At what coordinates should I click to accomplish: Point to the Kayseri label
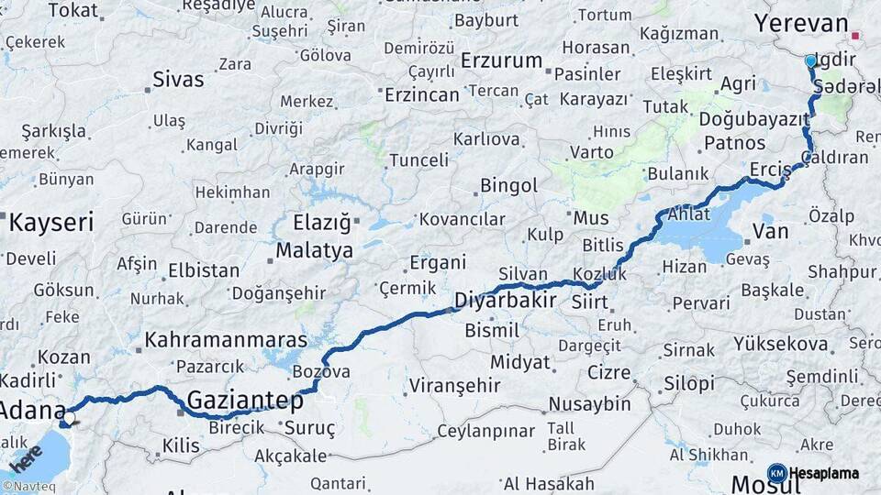point(51,222)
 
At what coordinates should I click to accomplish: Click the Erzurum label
point(502,60)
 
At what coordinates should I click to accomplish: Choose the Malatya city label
point(314,250)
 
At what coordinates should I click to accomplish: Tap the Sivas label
point(178,79)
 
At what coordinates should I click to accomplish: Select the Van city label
point(770,232)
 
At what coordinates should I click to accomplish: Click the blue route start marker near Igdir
point(810,61)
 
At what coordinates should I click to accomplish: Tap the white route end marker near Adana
point(69,417)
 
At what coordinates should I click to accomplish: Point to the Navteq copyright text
point(28,487)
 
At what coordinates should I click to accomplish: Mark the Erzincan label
point(422,94)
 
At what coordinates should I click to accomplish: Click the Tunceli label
point(418,160)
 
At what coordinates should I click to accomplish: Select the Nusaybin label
point(589,403)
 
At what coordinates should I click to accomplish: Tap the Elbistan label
point(204,271)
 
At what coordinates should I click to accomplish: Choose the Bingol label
point(508,186)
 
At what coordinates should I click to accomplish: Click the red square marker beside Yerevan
point(855,37)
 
